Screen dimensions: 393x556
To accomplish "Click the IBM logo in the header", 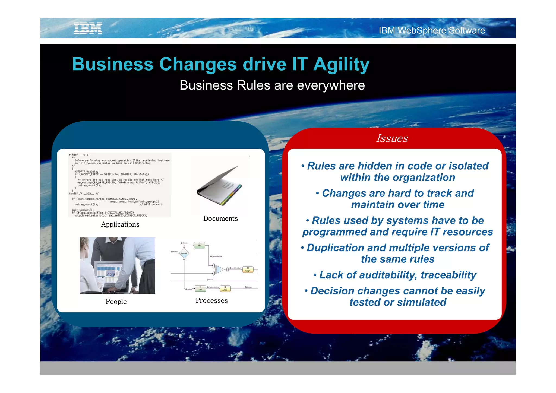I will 88,28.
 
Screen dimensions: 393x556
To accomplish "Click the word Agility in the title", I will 341,65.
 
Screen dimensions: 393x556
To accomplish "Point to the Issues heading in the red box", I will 392,138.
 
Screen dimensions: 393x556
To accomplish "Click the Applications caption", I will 120,224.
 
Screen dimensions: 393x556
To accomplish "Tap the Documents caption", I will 220,218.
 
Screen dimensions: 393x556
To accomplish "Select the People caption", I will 116,302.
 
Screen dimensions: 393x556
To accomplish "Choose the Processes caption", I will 211,300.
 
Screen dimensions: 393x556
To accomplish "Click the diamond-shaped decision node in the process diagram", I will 184,253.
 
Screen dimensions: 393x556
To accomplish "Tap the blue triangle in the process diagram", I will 220,270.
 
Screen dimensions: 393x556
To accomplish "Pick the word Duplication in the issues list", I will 335,248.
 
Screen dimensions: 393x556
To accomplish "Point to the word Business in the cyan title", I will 113,65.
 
